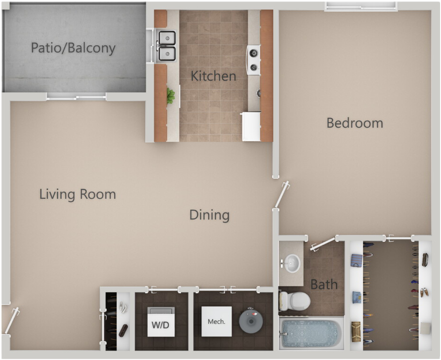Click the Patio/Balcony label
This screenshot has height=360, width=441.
pyautogui.click(x=73, y=48)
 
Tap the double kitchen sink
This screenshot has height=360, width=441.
pyautogui.click(x=166, y=46)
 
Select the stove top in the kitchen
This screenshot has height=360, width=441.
pyautogui.click(x=254, y=60)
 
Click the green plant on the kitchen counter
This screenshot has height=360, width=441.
pyautogui.click(x=170, y=96)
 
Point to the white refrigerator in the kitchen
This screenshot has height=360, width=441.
pyautogui.click(x=251, y=126)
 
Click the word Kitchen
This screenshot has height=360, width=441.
pyautogui.click(x=213, y=76)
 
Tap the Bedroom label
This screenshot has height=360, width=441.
pyautogui.click(x=355, y=123)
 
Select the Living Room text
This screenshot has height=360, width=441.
pyautogui.click(x=77, y=194)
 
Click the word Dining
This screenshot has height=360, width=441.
pyautogui.click(x=209, y=215)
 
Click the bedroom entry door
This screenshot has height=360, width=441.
pyautogui.click(x=282, y=194)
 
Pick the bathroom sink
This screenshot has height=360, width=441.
pyautogui.click(x=292, y=262)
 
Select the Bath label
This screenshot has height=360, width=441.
pyautogui.click(x=324, y=284)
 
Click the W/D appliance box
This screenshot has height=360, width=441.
pyautogui.click(x=161, y=322)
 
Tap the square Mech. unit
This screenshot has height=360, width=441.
pyautogui.click(x=216, y=321)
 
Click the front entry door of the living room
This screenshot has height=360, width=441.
pyautogui.click(x=10, y=321)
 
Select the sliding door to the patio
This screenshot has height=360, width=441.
pyautogui.click(x=76, y=96)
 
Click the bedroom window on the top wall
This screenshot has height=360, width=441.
pyautogui.click(x=360, y=6)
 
